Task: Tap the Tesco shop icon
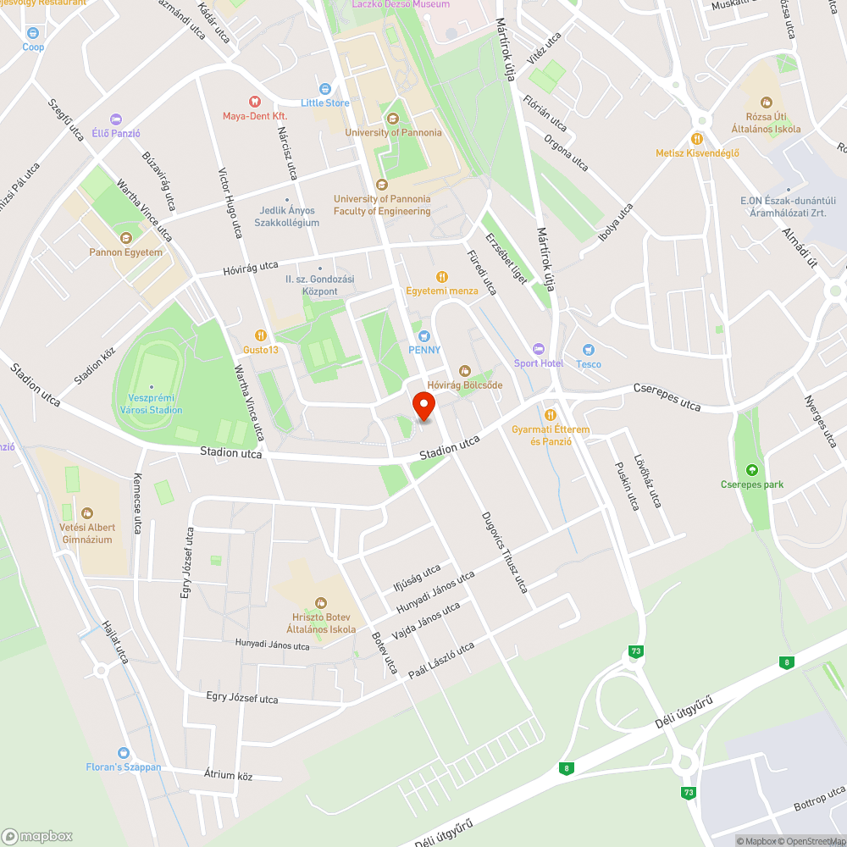589,350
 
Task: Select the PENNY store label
425,350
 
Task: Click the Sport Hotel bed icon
539,349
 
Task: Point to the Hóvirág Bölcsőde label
465,385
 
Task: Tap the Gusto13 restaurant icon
261,335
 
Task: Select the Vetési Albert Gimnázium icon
86,512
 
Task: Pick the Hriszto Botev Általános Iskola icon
320,602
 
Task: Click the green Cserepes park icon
751,470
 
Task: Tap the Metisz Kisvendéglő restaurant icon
697,138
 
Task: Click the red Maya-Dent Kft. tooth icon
254,102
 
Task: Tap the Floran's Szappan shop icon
124,752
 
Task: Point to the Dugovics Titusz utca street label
505,552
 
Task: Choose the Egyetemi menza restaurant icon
441,277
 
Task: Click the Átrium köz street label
229,774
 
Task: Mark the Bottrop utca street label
819,798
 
